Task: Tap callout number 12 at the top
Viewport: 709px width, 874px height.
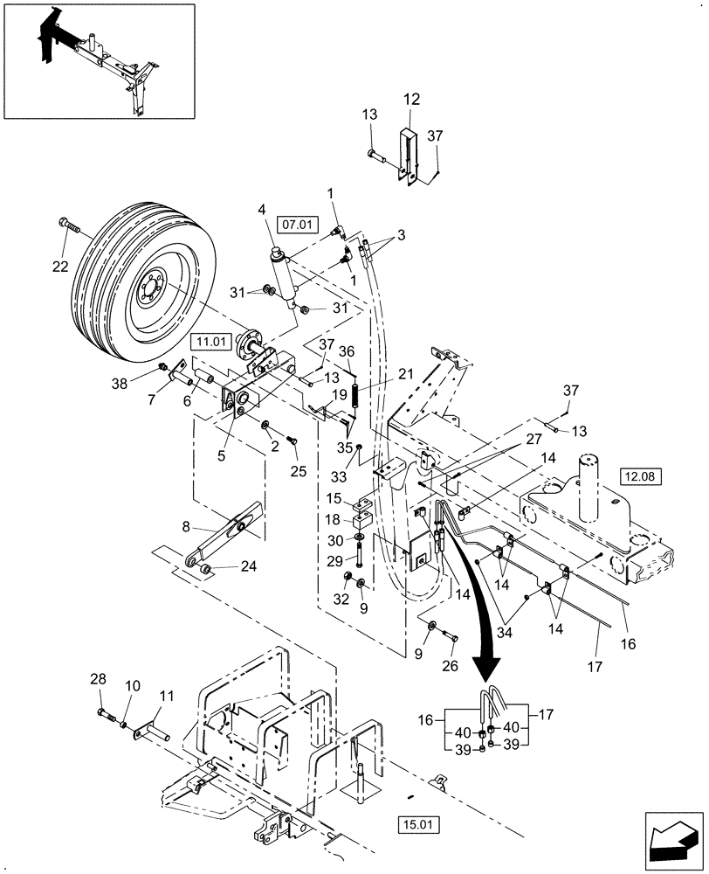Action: point(411,101)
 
